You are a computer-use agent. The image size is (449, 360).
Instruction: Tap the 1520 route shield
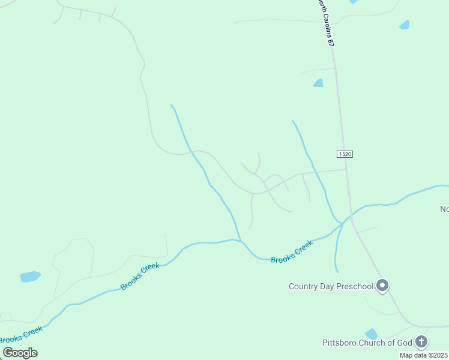[x=345, y=154]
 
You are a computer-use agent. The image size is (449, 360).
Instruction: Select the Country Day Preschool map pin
[x=382, y=286]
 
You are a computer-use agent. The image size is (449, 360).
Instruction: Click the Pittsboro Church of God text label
[x=367, y=343]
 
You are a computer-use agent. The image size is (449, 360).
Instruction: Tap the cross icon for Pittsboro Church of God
[x=421, y=342]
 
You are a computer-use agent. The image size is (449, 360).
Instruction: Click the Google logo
[x=20, y=353]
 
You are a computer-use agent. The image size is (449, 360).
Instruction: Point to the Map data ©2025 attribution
[x=424, y=355]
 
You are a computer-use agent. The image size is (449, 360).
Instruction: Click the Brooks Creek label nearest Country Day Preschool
[x=292, y=252]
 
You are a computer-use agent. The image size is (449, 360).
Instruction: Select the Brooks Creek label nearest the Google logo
[x=20, y=335]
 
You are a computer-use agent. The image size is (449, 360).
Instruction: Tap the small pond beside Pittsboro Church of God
[x=372, y=334]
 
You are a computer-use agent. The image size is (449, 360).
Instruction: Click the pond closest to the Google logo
[x=30, y=277]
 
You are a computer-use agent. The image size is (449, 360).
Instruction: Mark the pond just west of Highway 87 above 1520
[x=318, y=83]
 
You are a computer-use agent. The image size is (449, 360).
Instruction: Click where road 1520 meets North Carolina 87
[x=346, y=169]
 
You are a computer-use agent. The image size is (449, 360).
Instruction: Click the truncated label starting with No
[x=444, y=209]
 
